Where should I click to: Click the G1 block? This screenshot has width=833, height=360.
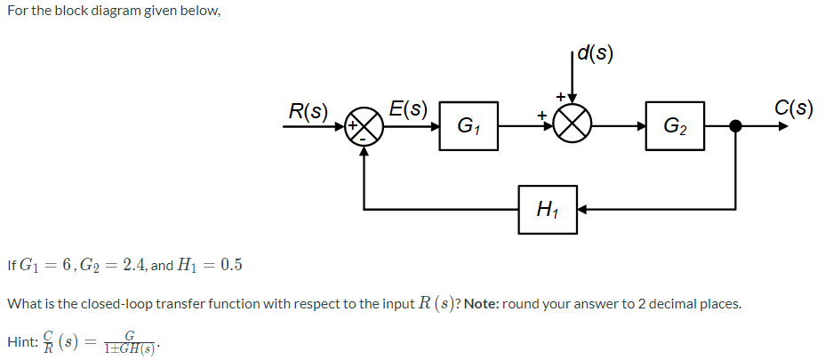click(x=467, y=125)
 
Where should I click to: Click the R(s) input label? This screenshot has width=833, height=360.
click(x=308, y=112)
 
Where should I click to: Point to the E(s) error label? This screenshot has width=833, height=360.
click(x=409, y=109)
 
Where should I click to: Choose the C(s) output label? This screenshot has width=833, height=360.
click(x=793, y=108)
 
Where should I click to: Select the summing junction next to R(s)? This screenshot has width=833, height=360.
click(x=364, y=126)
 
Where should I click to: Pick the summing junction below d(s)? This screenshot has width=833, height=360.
click(x=573, y=126)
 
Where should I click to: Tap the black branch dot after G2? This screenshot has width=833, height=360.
click(x=735, y=125)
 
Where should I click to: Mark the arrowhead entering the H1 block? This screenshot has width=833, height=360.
click(x=583, y=210)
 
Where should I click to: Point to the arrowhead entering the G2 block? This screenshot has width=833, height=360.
click(x=651, y=125)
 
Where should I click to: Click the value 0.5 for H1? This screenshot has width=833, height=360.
click(x=229, y=265)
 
